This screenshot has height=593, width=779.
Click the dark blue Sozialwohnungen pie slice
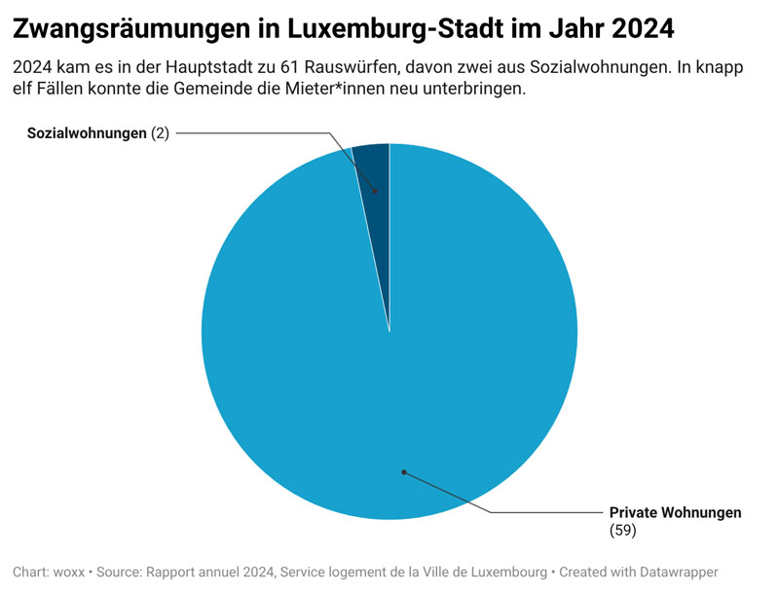(x=375, y=170)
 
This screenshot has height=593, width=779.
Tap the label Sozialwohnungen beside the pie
(x=87, y=133)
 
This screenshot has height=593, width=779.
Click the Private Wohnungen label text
(x=675, y=512)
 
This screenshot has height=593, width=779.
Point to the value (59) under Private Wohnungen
(x=622, y=530)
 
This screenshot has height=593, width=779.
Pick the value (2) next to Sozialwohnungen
(x=160, y=133)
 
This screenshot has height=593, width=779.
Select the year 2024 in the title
(x=642, y=28)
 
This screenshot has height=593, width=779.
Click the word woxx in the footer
(x=67, y=572)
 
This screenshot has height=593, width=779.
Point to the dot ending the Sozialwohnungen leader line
(x=374, y=191)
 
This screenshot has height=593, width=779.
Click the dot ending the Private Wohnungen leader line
(x=403, y=472)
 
